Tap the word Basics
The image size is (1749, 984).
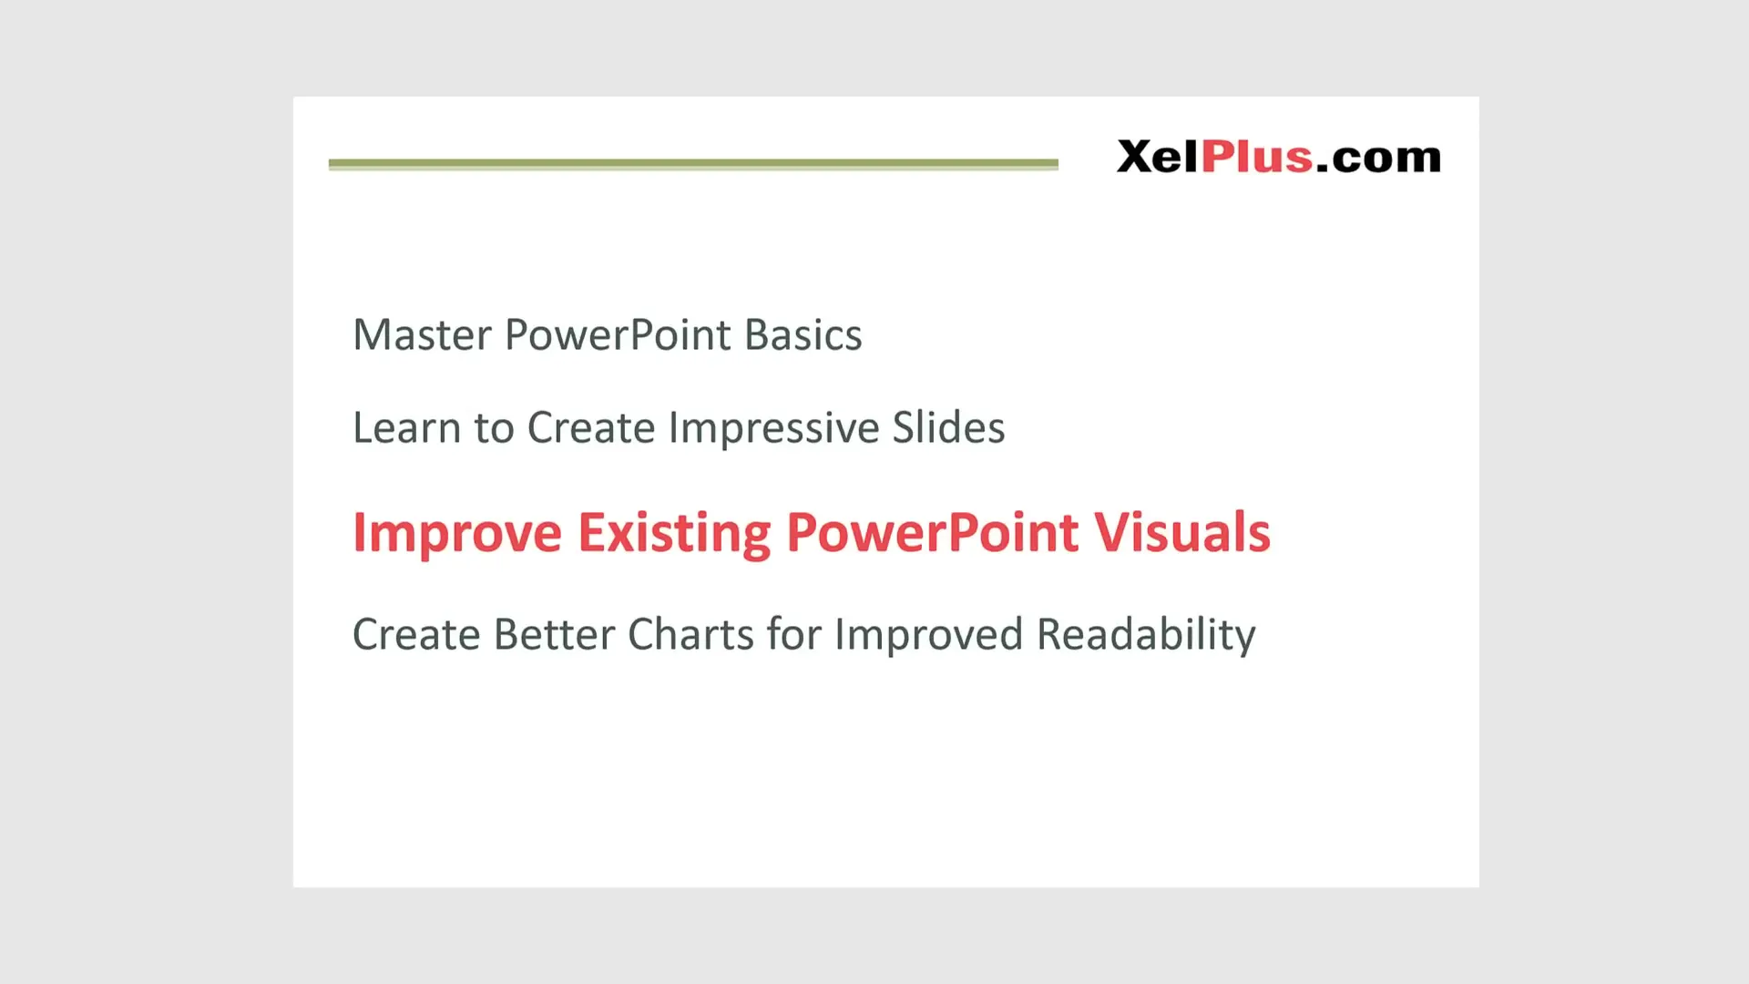click(803, 335)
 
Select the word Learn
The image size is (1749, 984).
click(406, 428)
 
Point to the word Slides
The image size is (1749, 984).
click(948, 428)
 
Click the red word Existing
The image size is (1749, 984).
click(674, 533)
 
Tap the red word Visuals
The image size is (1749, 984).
click(1181, 533)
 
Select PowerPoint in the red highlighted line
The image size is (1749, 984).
click(932, 533)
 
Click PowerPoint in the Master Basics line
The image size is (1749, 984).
click(618, 335)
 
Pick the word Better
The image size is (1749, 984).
click(554, 635)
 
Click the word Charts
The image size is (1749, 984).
click(690, 635)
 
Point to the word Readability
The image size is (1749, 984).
click(1146, 635)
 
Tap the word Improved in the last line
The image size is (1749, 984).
click(928, 635)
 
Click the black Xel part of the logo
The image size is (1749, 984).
click(1157, 157)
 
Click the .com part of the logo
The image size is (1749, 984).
click(1378, 159)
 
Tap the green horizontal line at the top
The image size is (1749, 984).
click(692, 164)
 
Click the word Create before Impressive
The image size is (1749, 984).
click(590, 428)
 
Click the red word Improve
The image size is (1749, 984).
click(456, 533)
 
